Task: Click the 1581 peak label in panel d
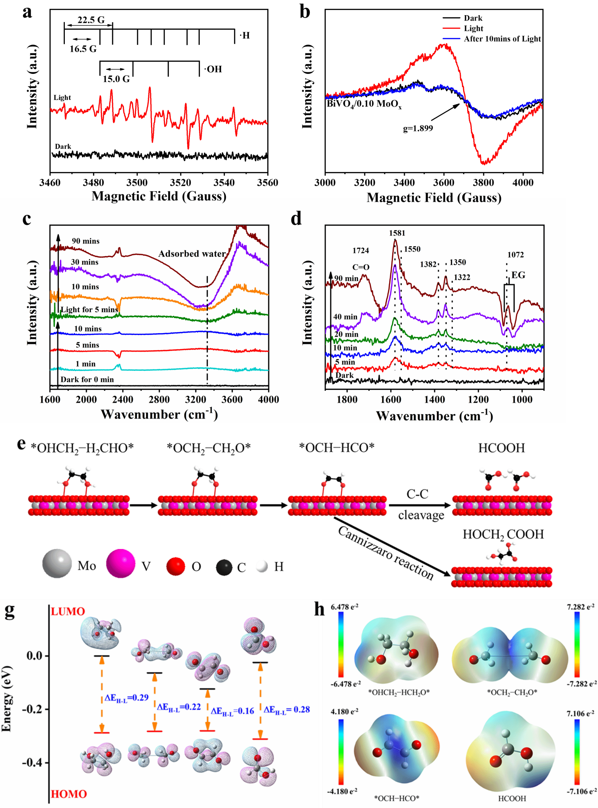[x=397, y=233]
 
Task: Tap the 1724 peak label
[x=361, y=250]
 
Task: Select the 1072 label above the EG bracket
[x=515, y=255]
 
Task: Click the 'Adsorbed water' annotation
[x=192, y=254]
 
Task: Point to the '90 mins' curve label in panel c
[x=86, y=241]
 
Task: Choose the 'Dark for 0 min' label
[x=87, y=379]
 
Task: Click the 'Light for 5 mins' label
[x=89, y=310]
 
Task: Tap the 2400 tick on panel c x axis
[x=123, y=400]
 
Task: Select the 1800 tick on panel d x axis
[x=347, y=400]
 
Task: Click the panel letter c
[x=27, y=219]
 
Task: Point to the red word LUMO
[x=68, y=612]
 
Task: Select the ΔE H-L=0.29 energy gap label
[x=126, y=698]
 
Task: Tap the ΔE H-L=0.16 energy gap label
[x=232, y=711]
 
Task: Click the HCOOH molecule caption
[x=512, y=798]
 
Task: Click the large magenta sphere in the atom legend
[x=121, y=563]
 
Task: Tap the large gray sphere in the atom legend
[x=57, y=563]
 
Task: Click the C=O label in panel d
[x=361, y=267]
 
